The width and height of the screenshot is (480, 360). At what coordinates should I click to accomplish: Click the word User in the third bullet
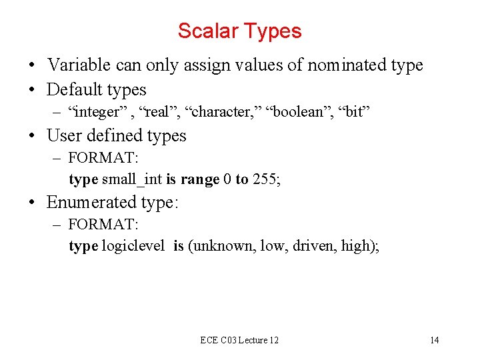[63, 135]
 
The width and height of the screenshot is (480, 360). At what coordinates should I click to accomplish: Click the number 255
[266, 180]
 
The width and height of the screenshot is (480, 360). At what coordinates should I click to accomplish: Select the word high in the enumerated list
[357, 246]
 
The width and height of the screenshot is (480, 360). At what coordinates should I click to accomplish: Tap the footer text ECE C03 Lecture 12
[239, 340]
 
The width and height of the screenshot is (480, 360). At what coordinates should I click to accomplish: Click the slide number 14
[434, 340]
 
